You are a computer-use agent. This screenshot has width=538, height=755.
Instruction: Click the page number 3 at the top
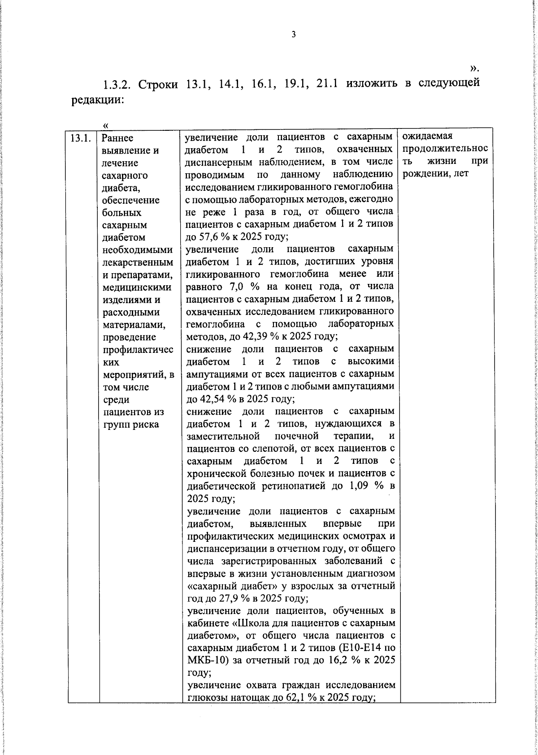click(x=294, y=34)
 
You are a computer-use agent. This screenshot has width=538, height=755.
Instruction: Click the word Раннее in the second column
click(x=118, y=138)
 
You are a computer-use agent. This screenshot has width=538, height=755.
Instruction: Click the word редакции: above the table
click(x=98, y=100)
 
